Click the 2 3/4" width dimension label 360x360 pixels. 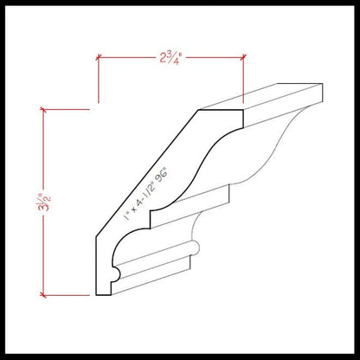[170, 58]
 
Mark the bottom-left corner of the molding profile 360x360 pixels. [97, 296]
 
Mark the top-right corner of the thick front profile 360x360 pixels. [243, 110]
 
